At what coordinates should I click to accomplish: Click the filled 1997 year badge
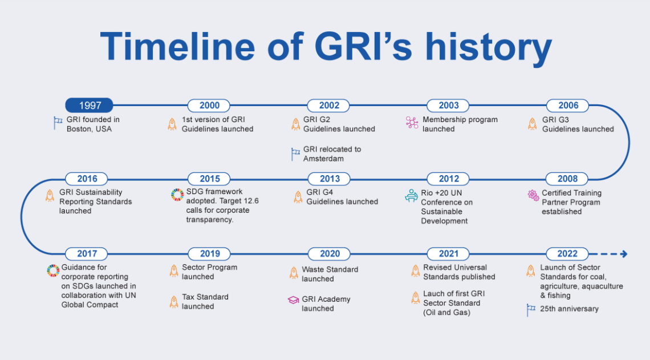(x=89, y=106)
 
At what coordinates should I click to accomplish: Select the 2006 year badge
(x=567, y=106)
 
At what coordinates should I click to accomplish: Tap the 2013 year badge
(x=330, y=179)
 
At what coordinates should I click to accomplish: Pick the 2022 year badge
(x=567, y=253)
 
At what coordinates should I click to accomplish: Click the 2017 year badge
(x=87, y=253)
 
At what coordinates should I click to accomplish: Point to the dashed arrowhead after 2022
(x=623, y=254)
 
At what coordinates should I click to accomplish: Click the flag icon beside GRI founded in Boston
(x=58, y=123)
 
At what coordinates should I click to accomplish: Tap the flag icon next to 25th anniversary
(x=531, y=310)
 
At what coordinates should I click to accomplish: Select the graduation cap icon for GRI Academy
(x=293, y=300)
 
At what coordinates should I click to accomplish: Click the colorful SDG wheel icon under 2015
(x=177, y=195)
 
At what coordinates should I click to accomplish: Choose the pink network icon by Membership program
(x=412, y=122)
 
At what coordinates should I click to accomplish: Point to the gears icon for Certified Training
(x=533, y=195)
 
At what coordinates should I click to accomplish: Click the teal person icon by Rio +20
(x=411, y=196)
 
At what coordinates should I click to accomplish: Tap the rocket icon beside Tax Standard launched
(x=174, y=301)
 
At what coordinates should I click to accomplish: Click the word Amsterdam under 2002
(x=323, y=159)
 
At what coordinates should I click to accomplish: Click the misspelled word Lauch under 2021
(x=434, y=294)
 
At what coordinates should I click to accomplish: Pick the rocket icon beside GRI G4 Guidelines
(x=298, y=197)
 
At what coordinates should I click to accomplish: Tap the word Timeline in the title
(x=177, y=46)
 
